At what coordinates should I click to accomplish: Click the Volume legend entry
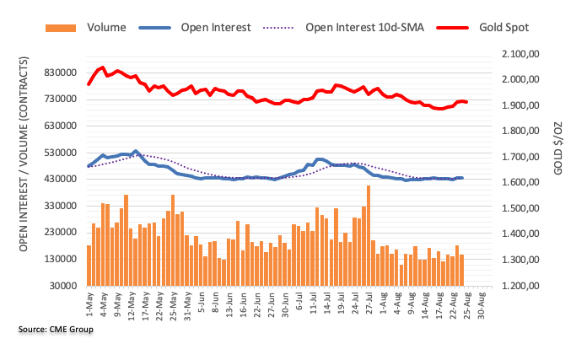click(x=106, y=27)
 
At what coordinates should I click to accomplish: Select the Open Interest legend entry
click(x=215, y=27)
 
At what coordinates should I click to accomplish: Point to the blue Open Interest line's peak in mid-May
click(x=136, y=151)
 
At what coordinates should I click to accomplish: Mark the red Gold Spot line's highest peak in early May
click(x=102, y=67)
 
